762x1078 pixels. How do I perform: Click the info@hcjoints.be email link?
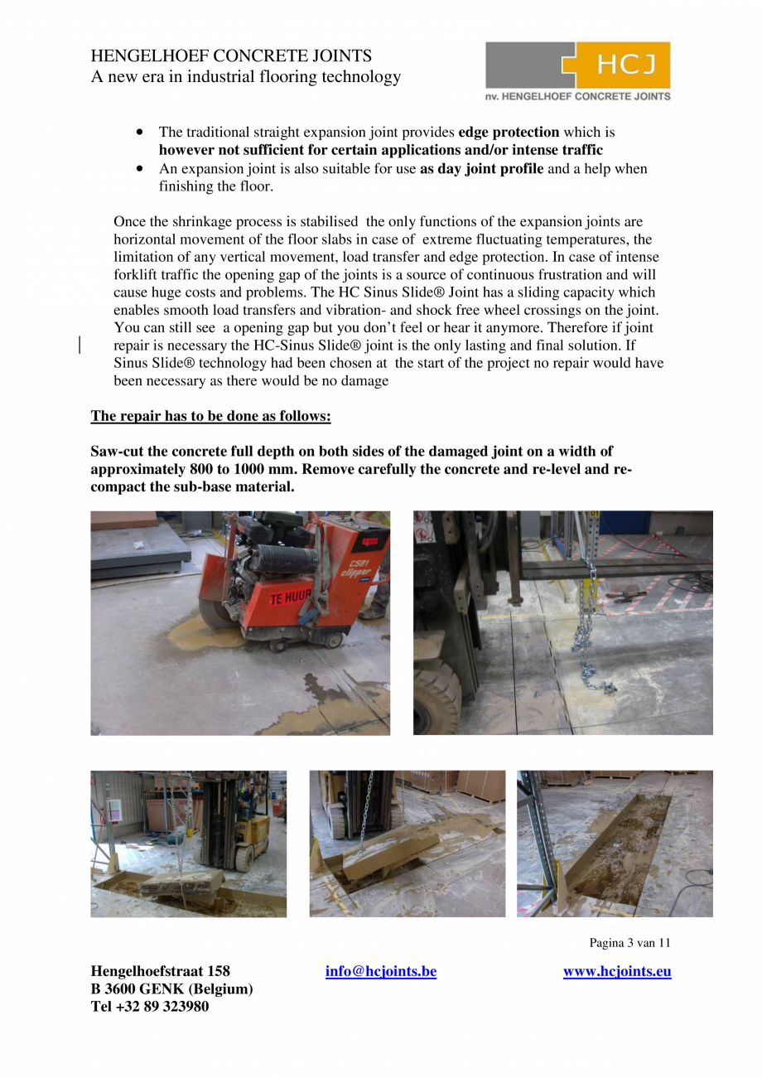coord(381,971)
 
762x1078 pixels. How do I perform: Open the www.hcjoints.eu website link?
coord(617,971)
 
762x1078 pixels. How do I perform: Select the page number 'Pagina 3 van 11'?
coord(629,943)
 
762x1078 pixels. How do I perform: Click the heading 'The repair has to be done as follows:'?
coord(210,416)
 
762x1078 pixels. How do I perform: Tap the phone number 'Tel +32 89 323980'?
coord(150,1007)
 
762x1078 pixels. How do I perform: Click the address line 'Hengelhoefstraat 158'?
coord(160,971)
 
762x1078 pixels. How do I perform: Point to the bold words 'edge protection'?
coord(509,133)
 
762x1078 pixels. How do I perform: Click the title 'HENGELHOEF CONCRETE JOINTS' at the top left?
coord(231,56)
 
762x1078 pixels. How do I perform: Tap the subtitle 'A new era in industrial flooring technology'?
coord(245,77)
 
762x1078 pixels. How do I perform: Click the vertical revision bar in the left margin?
coord(80,346)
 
